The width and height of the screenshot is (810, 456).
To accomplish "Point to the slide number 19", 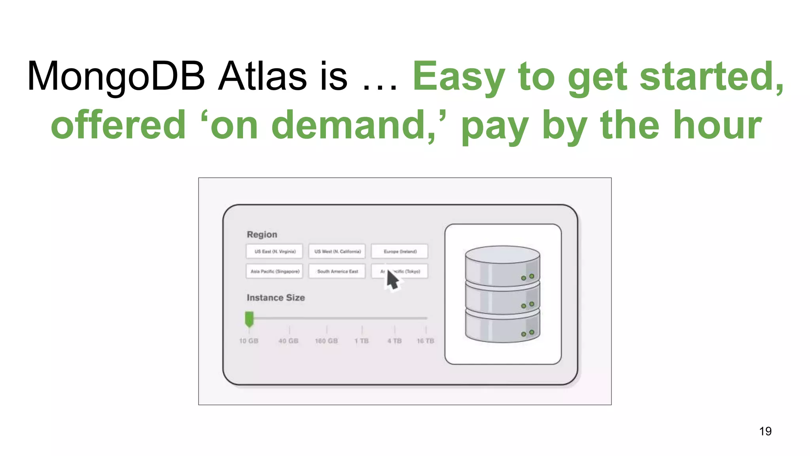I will coord(765,431).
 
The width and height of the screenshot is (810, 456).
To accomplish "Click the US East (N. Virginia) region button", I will coord(274,251).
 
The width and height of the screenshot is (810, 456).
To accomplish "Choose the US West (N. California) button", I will coord(337,251).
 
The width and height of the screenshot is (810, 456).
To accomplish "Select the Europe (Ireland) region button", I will coord(399,251).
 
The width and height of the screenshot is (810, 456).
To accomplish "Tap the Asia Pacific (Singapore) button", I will coord(274,272).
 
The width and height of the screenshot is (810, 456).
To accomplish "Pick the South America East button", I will coord(337,272).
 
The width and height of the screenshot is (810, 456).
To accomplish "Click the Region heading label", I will coord(262,234).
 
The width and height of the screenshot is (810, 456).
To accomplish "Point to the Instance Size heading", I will coord(276,298).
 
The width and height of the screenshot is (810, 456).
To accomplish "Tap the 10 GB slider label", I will coord(249,341).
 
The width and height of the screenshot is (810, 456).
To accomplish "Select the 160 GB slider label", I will coord(326,341).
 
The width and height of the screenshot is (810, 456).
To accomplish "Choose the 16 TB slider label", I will coord(425,341).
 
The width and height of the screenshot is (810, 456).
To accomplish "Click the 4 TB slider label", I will coord(394,341).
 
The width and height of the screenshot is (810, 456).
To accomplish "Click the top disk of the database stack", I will coord(502,265).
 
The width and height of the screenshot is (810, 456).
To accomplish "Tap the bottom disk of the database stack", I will coord(502,327).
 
